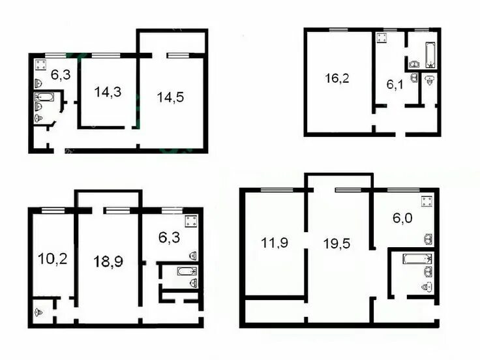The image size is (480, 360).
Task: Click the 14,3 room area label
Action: pos(108,92)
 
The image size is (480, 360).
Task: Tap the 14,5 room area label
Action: pos(170,97)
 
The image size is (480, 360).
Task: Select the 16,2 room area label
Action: pos(337,78)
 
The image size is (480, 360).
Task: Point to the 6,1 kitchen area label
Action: pos(395,84)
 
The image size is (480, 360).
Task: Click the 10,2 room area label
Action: pos(53,259)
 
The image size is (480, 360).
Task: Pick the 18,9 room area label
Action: pos(108,262)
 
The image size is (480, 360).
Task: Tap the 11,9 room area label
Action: pos(275,243)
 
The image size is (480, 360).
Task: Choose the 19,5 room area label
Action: pos(337,244)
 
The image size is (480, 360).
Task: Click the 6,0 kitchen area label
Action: pos(402,218)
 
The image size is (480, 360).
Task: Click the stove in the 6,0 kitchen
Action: pos(427,202)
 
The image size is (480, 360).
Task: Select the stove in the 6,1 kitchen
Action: pos(382,38)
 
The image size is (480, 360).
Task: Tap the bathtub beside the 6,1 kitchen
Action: pos(430,55)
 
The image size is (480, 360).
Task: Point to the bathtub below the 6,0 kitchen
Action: pos(417,259)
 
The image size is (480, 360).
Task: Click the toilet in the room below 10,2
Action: pos(38,312)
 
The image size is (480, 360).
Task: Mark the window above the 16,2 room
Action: pos(338,30)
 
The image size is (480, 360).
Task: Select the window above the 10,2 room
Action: pos(53,210)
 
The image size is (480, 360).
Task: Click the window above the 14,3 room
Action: pos(106,55)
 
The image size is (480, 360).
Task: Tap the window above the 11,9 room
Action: pos(277,190)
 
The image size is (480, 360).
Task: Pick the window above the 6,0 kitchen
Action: pos(403,190)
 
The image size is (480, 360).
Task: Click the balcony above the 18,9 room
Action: pos(108,200)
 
